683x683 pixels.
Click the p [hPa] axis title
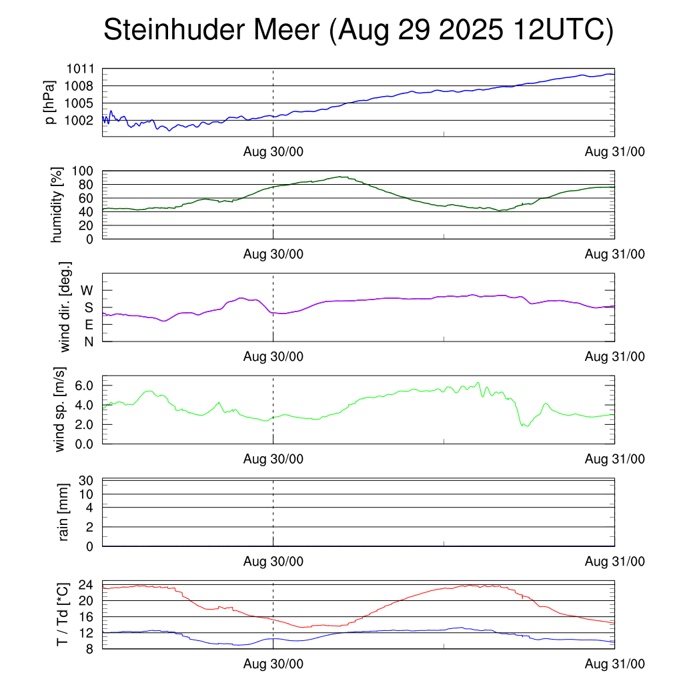(50, 102)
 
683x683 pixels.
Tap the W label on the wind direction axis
(87, 290)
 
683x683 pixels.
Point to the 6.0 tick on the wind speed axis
(85, 385)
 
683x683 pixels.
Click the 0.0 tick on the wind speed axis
(85, 443)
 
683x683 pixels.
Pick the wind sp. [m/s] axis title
(61, 409)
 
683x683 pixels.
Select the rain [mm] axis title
(64, 512)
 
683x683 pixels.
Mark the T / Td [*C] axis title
(61, 614)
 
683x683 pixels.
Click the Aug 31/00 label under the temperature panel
(614, 664)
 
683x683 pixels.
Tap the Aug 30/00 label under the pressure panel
(273, 152)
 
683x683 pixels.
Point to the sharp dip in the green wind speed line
(526, 426)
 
